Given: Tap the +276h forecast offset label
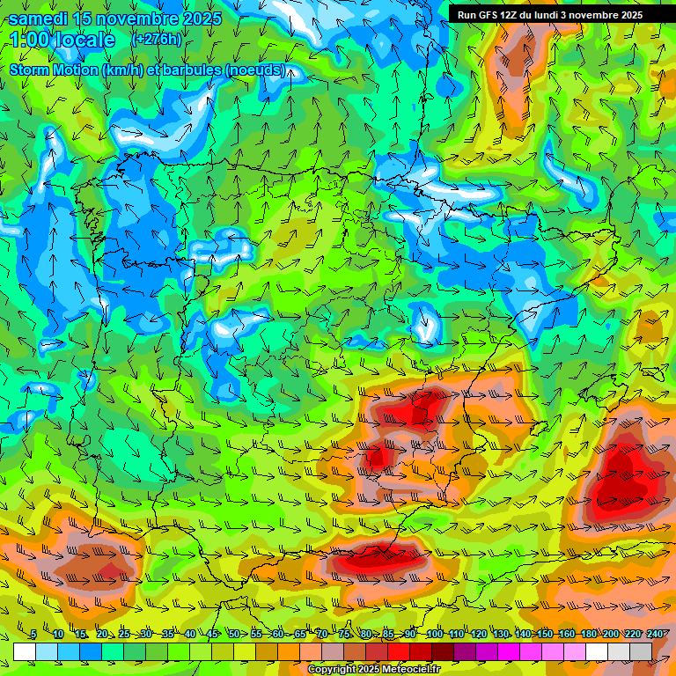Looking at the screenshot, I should (x=156, y=40).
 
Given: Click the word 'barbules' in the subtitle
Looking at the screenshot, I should (x=191, y=70).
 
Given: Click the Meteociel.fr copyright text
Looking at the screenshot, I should (x=374, y=670).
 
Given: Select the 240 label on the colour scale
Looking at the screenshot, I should (x=655, y=634).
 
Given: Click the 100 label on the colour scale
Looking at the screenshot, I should (x=435, y=634).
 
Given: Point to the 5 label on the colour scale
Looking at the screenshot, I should (x=33, y=634).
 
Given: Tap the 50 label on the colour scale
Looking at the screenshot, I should (x=234, y=634).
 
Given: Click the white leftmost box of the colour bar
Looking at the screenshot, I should (x=25, y=651).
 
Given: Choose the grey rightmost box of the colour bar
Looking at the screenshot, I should (x=641, y=651).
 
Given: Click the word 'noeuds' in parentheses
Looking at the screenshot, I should (x=259, y=70).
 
